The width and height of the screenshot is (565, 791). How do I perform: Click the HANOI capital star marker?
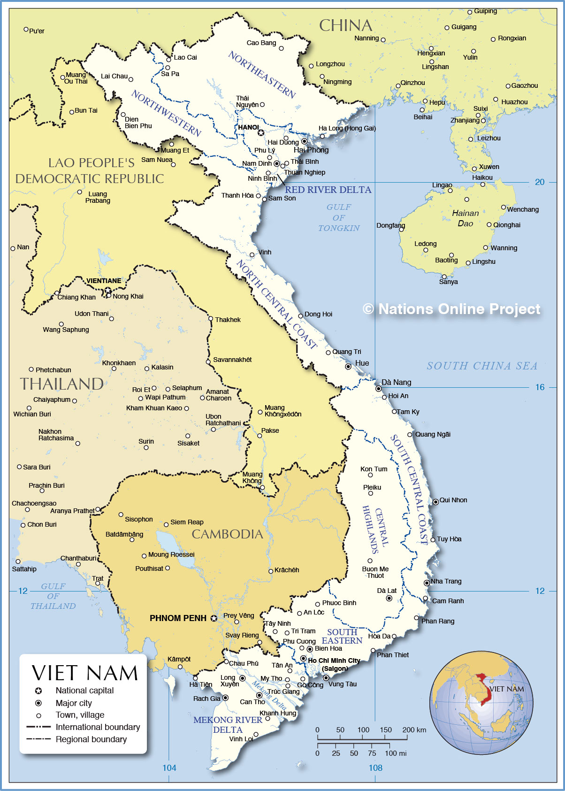[260, 133]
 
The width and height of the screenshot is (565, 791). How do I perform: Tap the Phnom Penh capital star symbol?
[214, 618]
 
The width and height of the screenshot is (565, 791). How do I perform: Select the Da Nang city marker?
[378, 389]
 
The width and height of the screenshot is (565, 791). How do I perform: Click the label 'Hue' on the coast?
[362, 363]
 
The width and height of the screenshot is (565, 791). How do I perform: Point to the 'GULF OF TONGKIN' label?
[339, 217]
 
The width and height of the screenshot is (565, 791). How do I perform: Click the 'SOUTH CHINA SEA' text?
[482, 366]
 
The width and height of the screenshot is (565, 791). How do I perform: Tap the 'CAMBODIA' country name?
[227, 534]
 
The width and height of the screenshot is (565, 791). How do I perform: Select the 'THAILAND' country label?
[61, 384]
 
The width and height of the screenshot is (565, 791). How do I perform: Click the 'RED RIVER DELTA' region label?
[328, 190]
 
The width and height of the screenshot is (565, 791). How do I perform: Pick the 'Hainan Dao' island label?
[465, 218]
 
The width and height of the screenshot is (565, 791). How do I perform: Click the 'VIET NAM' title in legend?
[85, 673]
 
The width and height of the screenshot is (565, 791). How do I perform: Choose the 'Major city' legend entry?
[74, 703]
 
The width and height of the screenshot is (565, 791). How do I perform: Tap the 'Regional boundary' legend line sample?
[38, 739]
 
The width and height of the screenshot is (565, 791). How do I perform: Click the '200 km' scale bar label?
[414, 730]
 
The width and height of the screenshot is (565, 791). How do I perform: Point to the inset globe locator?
[481, 703]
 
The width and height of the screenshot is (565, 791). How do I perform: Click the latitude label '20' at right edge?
[540, 182]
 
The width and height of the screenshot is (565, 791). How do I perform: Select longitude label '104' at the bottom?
[169, 768]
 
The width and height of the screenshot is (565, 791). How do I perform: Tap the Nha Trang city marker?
[427, 583]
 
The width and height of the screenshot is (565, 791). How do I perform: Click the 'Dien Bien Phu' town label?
[138, 123]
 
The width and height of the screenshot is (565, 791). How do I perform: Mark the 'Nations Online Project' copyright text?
[451, 309]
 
